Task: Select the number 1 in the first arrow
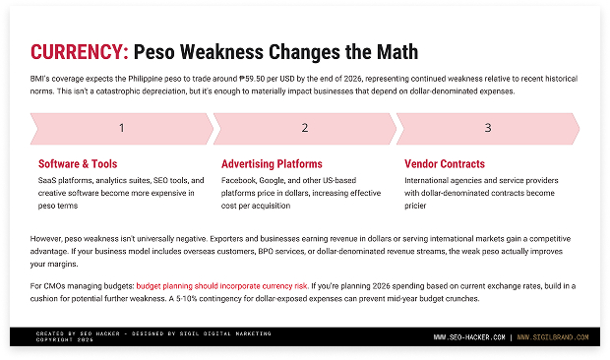click(121, 128)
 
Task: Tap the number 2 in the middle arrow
click(305, 128)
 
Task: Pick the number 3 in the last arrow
click(488, 128)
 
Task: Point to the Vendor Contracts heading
click(445, 164)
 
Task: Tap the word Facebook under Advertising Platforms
click(240, 181)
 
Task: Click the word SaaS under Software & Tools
click(48, 181)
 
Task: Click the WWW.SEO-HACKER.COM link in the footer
click(470, 337)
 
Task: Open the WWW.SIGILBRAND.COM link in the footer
click(553, 337)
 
